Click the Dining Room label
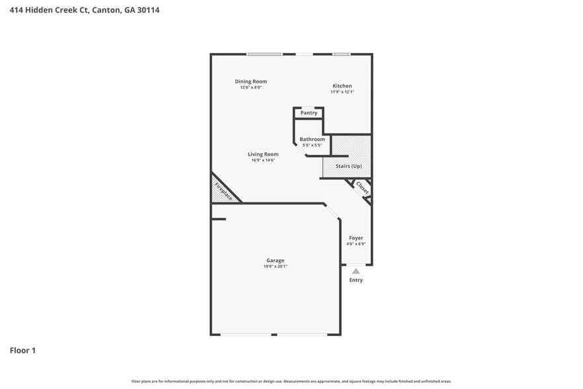[x=251, y=81]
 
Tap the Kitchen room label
[x=342, y=86]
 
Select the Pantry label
[x=309, y=113]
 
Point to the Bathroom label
[x=312, y=139]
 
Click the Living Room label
[x=262, y=154]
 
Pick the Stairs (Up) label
[x=348, y=166]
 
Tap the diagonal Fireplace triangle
[x=222, y=191]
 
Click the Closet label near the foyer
[x=362, y=187]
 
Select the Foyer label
[x=356, y=238]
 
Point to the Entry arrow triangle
[x=356, y=271]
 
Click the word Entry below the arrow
[x=356, y=280]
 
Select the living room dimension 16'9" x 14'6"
[x=262, y=160]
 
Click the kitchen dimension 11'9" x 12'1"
[x=342, y=92]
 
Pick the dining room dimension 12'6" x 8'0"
[x=251, y=87]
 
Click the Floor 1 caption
[x=22, y=350]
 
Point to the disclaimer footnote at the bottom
[x=291, y=381]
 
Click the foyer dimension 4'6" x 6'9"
[x=356, y=243]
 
